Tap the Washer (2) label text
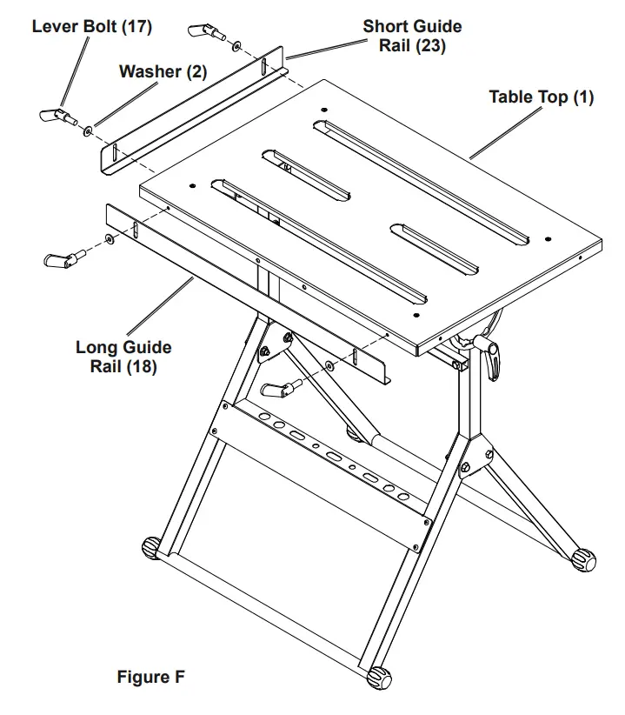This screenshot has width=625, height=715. pos(163,72)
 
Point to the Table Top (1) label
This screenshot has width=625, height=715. pos(541,97)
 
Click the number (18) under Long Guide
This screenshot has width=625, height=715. pos(143,366)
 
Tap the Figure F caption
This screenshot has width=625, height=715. pos(150,676)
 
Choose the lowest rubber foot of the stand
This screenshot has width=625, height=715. pos(379,678)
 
